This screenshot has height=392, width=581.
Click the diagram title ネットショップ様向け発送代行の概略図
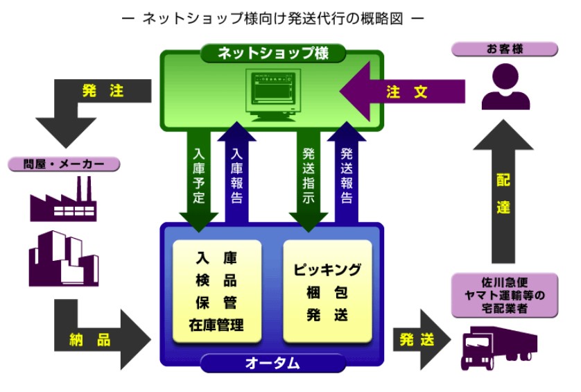pyautogui.click(x=272, y=19)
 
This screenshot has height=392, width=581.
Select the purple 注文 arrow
pyautogui.click(x=402, y=92)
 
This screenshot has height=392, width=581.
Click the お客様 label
pyautogui.click(x=504, y=49)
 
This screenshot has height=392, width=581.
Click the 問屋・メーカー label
pyautogui.click(x=63, y=164)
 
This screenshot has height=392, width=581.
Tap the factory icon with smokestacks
pyautogui.click(x=63, y=201)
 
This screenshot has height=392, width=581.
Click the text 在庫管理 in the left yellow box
pyautogui.click(x=216, y=324)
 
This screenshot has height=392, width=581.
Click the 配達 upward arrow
pyautogui.click(x=504, y=194)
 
